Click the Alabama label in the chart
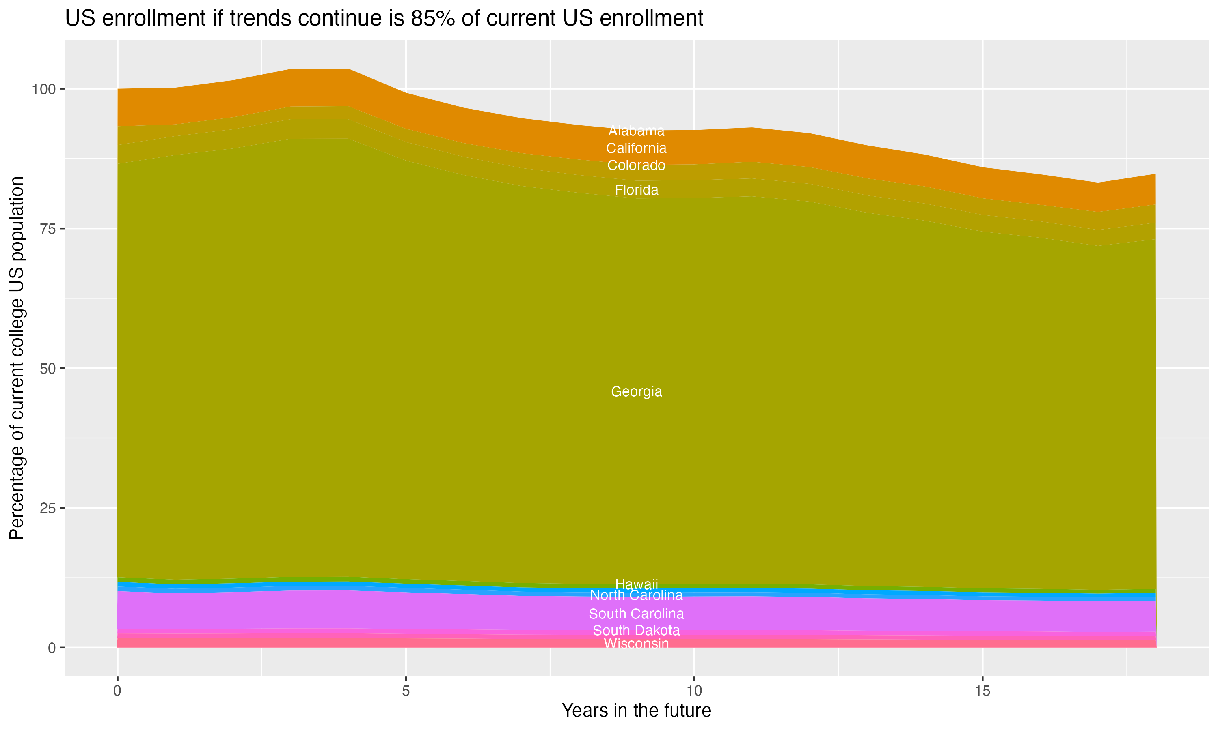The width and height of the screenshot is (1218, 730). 636,131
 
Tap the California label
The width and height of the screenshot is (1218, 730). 636,148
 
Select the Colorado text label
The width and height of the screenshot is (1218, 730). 636,165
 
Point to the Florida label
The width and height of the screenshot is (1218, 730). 636,190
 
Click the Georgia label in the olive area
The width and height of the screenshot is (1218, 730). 636,391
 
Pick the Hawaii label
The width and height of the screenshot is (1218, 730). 636,584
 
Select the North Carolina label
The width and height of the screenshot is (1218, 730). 636,595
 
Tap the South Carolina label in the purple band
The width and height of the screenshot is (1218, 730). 636,614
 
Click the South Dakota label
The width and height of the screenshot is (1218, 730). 636,630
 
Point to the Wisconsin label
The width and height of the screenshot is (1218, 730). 636,644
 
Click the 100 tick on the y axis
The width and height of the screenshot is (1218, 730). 45,89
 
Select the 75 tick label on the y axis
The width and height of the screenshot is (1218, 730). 48,229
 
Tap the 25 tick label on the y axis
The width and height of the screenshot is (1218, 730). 48,508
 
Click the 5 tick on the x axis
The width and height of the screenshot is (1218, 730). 406,691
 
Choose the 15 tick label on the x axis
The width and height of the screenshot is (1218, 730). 982,691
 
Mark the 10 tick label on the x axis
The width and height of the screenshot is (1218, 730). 694,691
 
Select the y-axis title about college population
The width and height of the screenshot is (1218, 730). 17,358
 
